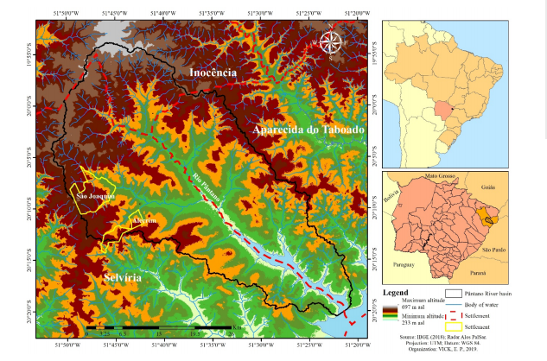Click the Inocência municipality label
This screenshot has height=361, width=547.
[213, 73]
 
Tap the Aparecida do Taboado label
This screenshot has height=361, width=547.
[308, 130]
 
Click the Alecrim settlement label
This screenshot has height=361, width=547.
[143, 221]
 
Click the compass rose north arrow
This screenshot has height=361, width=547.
[331, 41]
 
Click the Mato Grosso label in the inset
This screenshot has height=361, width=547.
[440, 177]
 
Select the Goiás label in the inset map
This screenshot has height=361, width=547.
[487, 187]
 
